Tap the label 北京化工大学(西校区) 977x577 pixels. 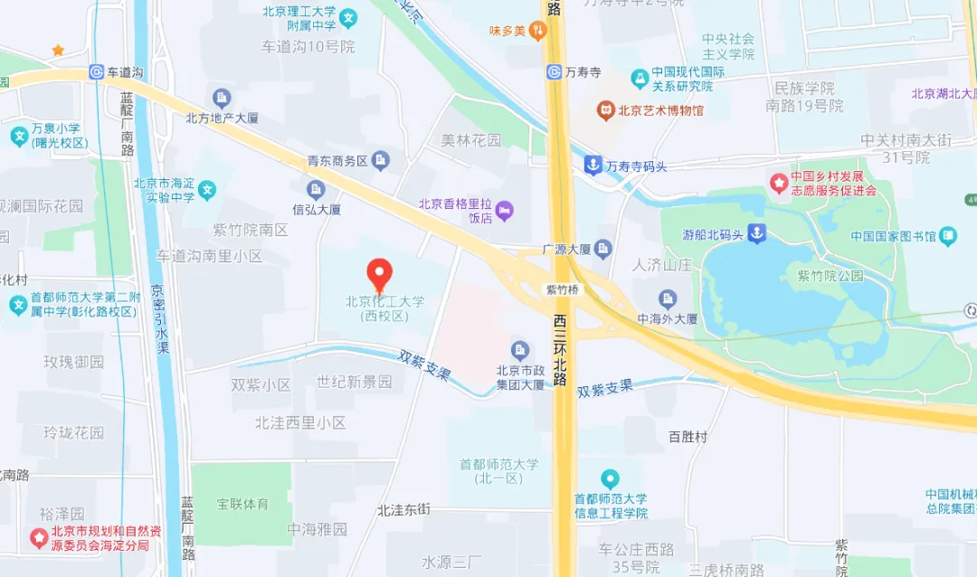[x=384, y=308]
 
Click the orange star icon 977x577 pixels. [x=58, y=51]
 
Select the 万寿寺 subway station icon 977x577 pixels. [x=554, y=71]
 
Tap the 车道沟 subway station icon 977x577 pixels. [x=97, y=72]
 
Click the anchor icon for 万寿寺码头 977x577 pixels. [x=592, y=166]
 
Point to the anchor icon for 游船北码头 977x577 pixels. [x=756, y=234]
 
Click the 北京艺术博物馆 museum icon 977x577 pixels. [x=604, y=110]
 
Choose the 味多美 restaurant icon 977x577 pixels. [x=538, y=31]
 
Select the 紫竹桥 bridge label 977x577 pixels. [x=562, y=289]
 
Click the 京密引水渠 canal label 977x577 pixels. [x=160, y=320]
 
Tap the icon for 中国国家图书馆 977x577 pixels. [x=947, y=237]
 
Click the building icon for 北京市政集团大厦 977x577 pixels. [x=519, y=350]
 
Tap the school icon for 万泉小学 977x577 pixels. [x=18, y=137]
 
